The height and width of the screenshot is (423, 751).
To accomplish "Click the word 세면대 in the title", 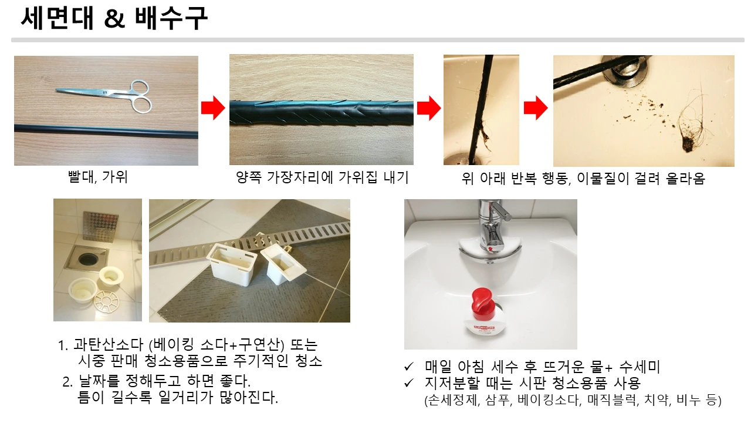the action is coord(57,18).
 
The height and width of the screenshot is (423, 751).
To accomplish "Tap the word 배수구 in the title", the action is coord(171,18).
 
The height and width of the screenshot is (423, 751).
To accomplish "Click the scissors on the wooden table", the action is coord(111,95).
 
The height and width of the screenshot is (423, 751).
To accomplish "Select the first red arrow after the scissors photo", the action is coord(213,108).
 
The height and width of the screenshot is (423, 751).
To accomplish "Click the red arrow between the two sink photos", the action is coord(536,108).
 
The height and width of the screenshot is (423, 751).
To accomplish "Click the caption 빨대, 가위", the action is coord(97,177).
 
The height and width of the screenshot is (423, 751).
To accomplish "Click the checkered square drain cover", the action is coord(100,226).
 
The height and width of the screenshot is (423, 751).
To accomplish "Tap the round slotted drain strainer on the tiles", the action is coord(106,301).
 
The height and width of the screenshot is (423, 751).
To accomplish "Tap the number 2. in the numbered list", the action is coord(67,382).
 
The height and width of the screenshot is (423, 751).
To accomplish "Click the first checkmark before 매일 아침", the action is coord(409,367).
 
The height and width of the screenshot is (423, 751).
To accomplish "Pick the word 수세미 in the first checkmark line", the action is coord(640,367).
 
